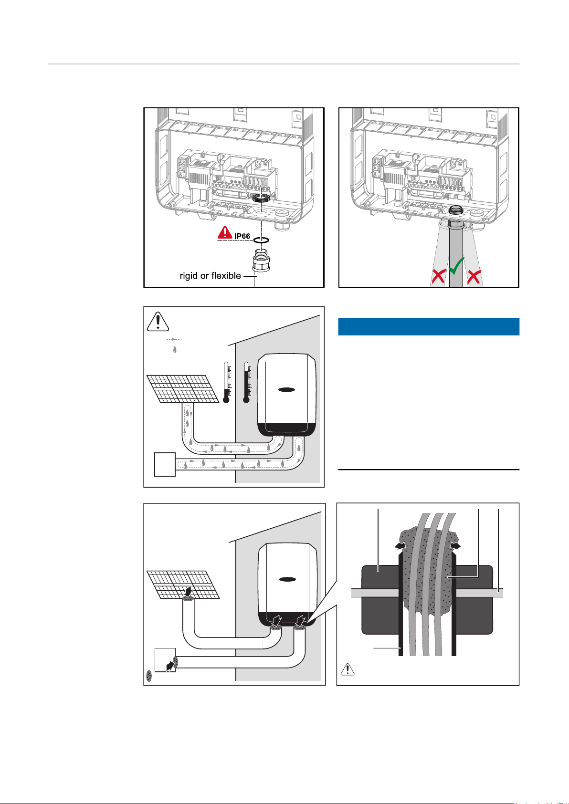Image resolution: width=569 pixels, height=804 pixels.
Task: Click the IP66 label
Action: tap(242, 236)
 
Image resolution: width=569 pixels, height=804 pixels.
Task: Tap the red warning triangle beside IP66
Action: tap(224, 232)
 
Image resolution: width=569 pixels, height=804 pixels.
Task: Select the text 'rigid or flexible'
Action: tap(210, 276)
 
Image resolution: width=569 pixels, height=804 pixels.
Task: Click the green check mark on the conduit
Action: tap(457, 265)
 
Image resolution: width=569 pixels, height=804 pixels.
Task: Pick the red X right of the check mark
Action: tap(474, 276)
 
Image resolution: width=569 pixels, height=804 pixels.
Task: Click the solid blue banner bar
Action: tap(428, 327)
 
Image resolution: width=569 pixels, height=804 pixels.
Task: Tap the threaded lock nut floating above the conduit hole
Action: tap(261, 198)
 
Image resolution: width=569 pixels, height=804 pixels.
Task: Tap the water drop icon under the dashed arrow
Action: tap(175, 349)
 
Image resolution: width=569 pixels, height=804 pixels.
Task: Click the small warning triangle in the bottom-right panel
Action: tap(348, 669)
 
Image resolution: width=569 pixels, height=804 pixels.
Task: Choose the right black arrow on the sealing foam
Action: tap(456, 546)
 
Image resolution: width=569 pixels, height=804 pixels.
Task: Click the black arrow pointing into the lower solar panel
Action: tap(190, 592)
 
